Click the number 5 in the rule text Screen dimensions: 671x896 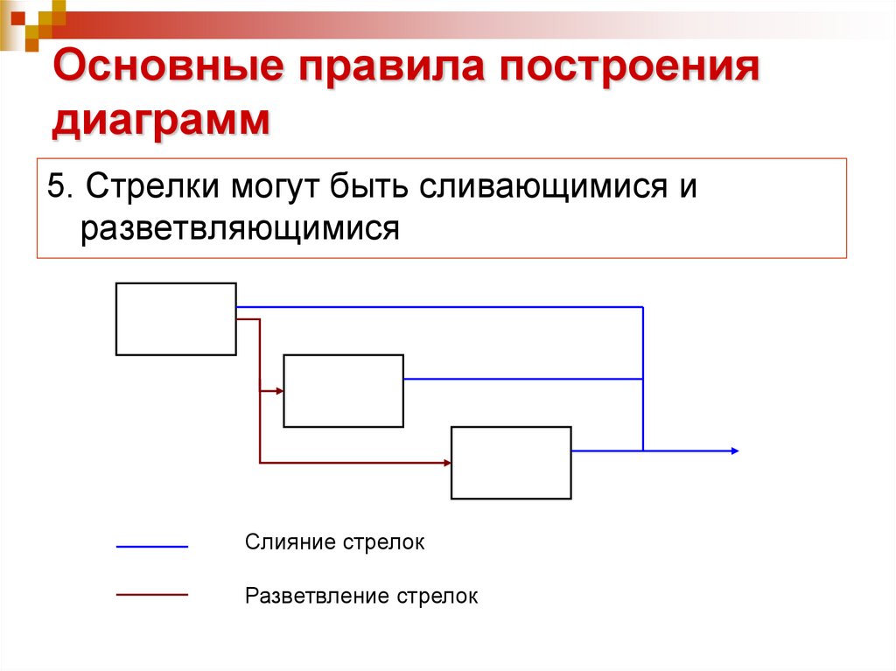click(x=57, y=186)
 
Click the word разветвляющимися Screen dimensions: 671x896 click(x=241, y=228)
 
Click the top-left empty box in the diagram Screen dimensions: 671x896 click(x=176, y=318)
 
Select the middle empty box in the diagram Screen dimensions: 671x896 click(x=344, y=390)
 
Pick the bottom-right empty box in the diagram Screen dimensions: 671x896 click(x=511, y=462)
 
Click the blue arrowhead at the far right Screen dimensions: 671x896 click(x=735, y=451)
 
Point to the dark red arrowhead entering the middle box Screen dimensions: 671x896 click(x=279, y=391)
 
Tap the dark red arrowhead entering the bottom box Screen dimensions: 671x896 click(x=446, y=462)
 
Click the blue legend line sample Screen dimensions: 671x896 click(x=152, y=546)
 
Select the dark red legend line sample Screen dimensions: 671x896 click(x=152, y=594)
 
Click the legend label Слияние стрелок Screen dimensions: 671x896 click(x=334, y=542)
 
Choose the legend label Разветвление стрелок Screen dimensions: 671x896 click(x=361, y=597)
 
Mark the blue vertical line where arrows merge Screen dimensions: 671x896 click(x=643, y=378)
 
